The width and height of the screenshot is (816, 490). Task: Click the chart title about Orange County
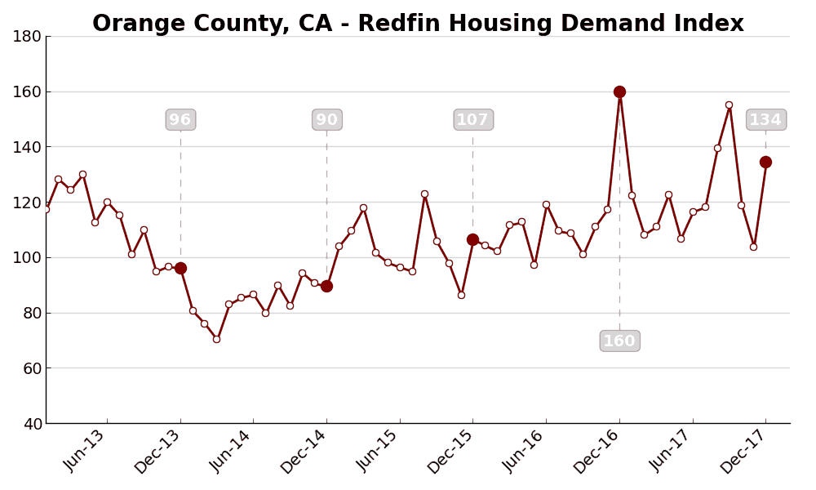tap(418, 24)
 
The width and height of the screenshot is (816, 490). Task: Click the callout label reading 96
tap(180, 120)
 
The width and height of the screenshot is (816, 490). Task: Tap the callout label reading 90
tap(326, 120)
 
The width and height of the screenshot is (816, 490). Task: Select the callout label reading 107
tap(472, 120)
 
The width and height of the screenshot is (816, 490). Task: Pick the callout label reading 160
tap(619, 341)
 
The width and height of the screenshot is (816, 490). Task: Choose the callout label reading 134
tap(765, 120)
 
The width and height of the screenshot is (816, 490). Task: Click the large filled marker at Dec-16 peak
tap(619, 91)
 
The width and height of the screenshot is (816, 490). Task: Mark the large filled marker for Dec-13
tap(180, 268)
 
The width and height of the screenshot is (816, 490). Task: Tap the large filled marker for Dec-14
tap(326, 286)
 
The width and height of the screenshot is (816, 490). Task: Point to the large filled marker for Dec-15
tap(472, 239)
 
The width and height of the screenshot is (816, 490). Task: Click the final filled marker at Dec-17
tap(765, 162)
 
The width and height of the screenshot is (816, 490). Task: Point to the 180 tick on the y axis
tap(27, 37)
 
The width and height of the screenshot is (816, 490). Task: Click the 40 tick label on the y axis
tap(29, 424)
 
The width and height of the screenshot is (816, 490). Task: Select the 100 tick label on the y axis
tap(27, 258)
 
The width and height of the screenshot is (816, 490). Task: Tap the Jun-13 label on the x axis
tap(85, 451)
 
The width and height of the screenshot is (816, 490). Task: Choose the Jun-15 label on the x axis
tap(378, 451)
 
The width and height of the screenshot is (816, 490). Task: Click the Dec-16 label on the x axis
tap(596, 452)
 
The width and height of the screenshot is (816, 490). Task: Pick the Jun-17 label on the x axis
tap(671, 451)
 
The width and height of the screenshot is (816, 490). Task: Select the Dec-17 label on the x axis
tap(743, 452)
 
